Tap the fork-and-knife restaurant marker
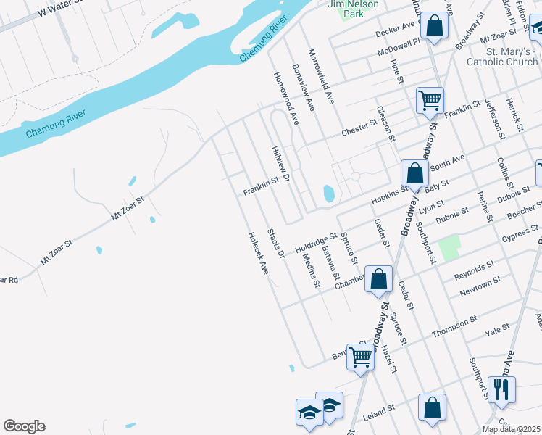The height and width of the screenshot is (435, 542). pos(501,390)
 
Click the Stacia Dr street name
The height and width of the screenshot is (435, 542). pos(275,243)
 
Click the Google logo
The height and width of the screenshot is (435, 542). pos(24,426)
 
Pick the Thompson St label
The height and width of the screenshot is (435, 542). pos(454,327)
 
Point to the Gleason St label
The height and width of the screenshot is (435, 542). pos(386,123)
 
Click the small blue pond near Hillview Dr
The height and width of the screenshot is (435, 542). pos(328,194)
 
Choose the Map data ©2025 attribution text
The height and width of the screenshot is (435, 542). pos(511,429)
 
